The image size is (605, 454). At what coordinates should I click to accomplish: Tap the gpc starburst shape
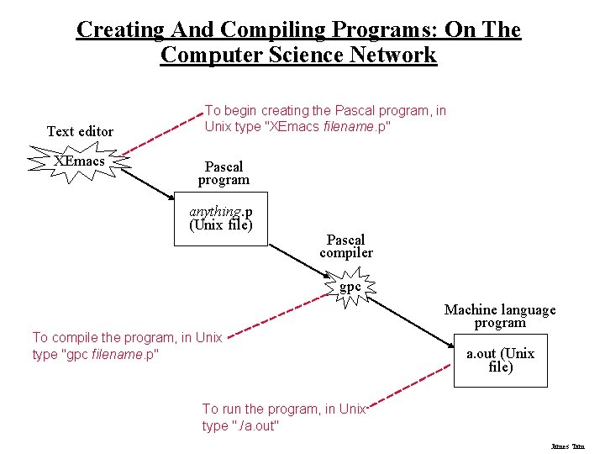click(350, 288)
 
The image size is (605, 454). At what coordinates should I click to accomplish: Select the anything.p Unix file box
click(220, 219)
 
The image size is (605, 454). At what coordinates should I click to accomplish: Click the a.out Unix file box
click(500, 360)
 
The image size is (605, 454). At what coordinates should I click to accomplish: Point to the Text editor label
click(80, 131)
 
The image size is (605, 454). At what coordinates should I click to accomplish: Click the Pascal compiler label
click(346, 246)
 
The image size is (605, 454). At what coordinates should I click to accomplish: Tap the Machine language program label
click(500, 316)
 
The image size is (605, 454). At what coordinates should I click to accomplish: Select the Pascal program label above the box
click(224, 173)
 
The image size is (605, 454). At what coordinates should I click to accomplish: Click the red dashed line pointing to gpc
click(277, 314)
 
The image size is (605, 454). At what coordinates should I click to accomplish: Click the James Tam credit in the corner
click(567, 446)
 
